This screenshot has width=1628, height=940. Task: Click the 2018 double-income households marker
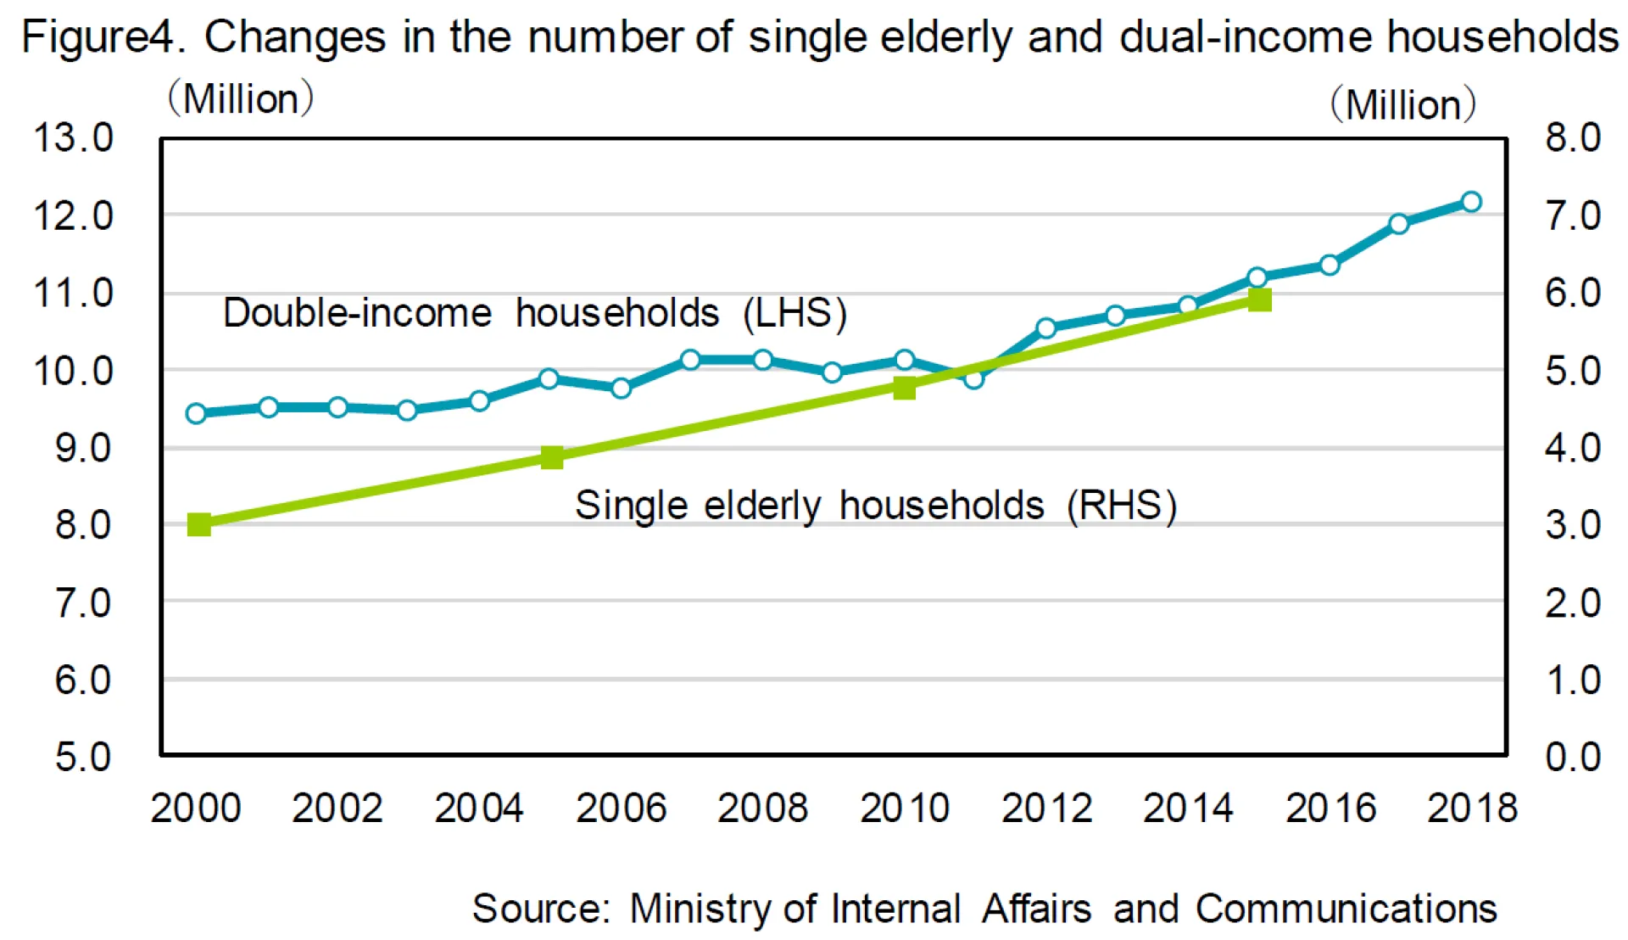pyautogui.click(x=1471, y=202)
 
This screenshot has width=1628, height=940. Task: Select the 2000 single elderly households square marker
pyautogui.click(x=199, y=524)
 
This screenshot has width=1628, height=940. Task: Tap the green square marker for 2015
pyautogui.click(x=1260, y=299)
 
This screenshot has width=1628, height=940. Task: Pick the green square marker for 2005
pyautogui.click(x=552, y=458)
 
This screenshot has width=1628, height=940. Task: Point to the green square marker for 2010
pyautogui.click(x=905, y=388)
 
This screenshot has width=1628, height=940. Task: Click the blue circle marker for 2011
pyautogui.click(x=973, y=378)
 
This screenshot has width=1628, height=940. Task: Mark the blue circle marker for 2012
pyautogui.click(x=1045, y=327)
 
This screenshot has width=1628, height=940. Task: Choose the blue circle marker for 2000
pyautogui.click(x=196, y=413)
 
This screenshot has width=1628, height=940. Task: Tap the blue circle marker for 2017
pyautogui.click(x=1399, y=224)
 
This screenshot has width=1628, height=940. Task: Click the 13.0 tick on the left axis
pyautogui.click(x=73, y=137)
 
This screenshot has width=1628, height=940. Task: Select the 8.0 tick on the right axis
pyautogui.click(x=1573, y=137)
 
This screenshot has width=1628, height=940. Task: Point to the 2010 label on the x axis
pyautogui.click(x=905, y=808)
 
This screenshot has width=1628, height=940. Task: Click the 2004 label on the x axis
pyautogui.click(x=479, y=808)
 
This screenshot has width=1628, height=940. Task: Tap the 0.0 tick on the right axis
pyautogui.click(x=1573, y=757)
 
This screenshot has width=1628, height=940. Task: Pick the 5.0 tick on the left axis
pyautogui.click(x=83, y=757)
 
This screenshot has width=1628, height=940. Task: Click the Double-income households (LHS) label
pyautogui.click(x=535, y=313)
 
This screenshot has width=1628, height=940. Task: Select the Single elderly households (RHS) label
pyautogui.click(x=876, y=506)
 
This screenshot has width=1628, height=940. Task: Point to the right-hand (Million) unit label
pyautogui.click(x=1403, y=105)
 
